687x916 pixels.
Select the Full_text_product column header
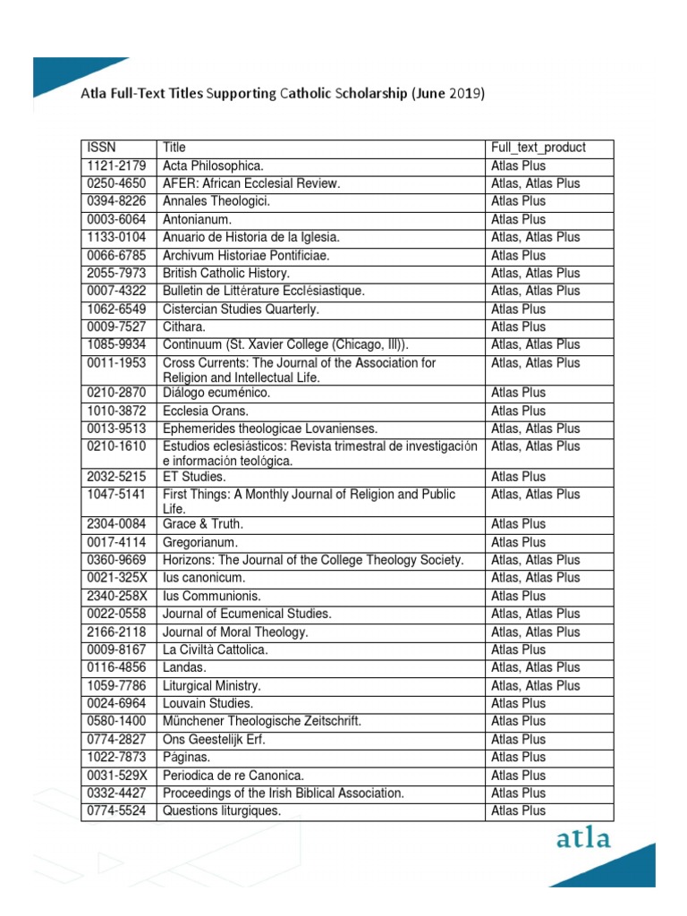tap(539, 148)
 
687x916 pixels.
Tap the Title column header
tap(174, 148)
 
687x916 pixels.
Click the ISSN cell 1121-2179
tap(117, 165)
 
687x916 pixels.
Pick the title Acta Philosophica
tap(214, 165)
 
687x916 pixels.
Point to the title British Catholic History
tap(226, 273)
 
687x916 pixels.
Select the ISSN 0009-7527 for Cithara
tap(117, 327)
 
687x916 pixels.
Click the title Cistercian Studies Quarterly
tap(241, 309)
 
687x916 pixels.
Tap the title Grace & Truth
tap(203, 524)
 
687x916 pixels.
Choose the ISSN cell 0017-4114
tap(117, 542)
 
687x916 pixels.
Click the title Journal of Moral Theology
tap(235, 632)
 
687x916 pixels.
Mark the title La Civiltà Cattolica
tap(215, 649)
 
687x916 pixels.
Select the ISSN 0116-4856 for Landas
tap(117, 667)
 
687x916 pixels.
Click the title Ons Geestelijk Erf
tap(215, 739)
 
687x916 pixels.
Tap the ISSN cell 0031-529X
tap(117, 775)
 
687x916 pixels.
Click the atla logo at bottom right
tap(583, 838)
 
